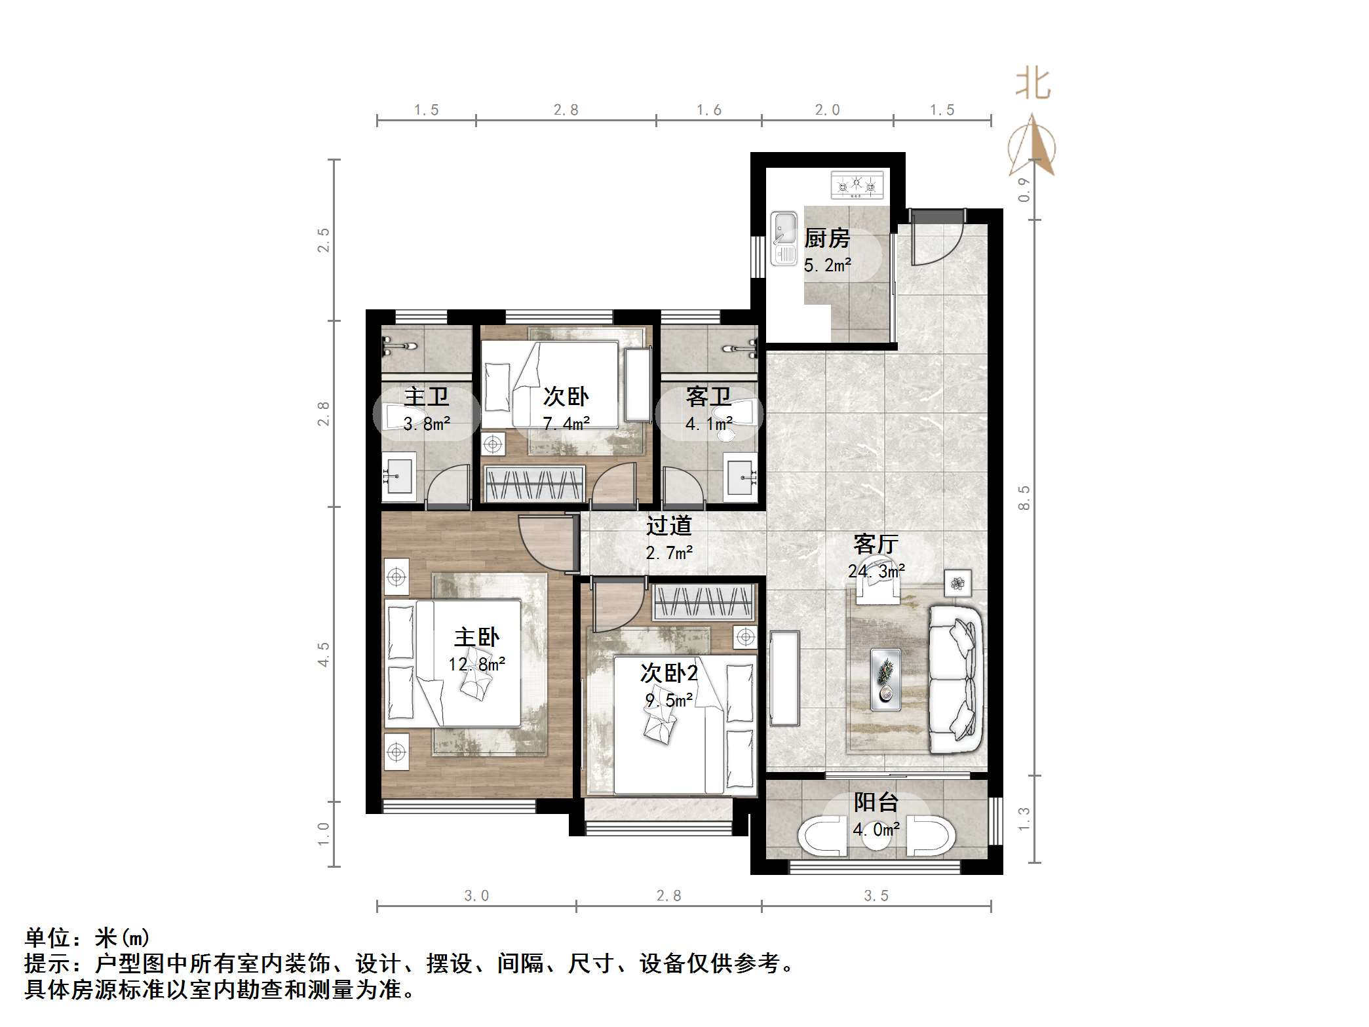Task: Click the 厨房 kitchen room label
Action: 827,238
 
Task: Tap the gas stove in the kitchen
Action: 857,185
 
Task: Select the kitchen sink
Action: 783,237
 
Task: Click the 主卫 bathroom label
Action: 427,397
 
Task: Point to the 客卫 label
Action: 708,397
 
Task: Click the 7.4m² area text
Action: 566,424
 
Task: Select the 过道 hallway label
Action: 668,526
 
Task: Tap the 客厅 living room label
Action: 876,544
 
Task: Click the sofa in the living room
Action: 955,679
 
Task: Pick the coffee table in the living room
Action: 885,679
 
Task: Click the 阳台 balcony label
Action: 876,802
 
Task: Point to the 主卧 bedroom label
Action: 476,637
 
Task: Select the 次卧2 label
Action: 668,673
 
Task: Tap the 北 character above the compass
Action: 1033,85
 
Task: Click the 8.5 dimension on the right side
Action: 1024,498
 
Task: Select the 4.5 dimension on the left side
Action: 323,654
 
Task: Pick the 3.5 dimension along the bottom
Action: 876,896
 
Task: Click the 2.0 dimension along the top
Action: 827,110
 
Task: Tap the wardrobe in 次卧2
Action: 703,602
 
